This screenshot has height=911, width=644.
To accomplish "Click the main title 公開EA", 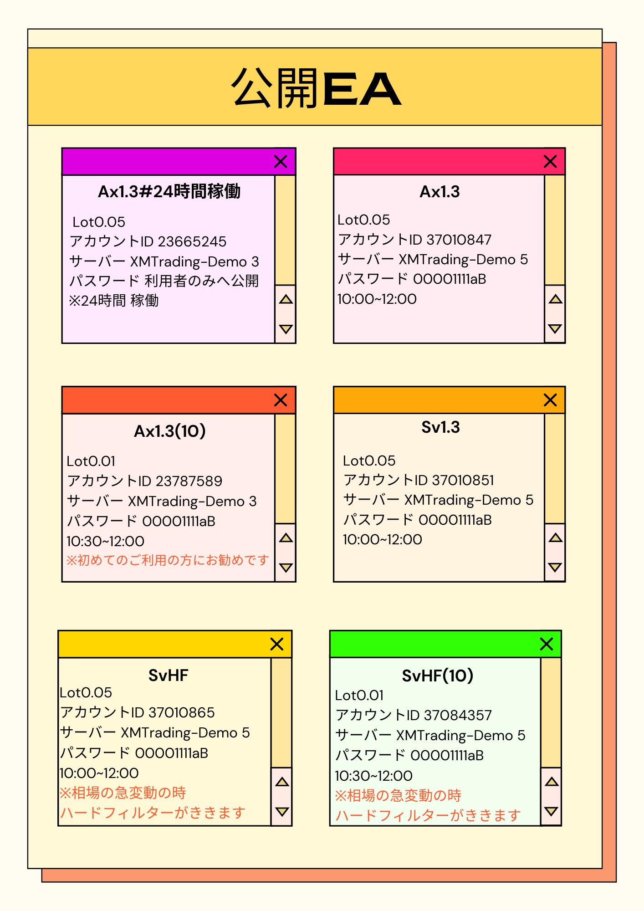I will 316,88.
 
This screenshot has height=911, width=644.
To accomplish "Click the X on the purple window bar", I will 281,161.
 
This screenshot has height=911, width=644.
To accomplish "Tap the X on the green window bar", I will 546,644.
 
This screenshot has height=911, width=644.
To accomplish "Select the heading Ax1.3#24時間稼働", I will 169,191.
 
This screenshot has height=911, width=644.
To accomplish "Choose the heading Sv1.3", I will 440,427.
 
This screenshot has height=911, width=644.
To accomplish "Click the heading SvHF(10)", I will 437,676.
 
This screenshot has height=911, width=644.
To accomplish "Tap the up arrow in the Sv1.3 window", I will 555,538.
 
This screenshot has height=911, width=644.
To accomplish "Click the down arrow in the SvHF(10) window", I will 551,811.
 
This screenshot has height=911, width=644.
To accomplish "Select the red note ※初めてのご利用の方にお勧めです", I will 168,560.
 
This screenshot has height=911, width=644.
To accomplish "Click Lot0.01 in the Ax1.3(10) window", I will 91,461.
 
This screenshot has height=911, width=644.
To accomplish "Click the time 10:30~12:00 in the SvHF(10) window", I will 374,776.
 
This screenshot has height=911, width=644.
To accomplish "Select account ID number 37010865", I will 182,712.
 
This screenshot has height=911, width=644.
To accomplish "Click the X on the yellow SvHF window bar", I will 277,644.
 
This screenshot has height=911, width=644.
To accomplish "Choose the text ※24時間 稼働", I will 114,301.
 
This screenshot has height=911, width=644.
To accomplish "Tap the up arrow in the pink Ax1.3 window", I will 555,299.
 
